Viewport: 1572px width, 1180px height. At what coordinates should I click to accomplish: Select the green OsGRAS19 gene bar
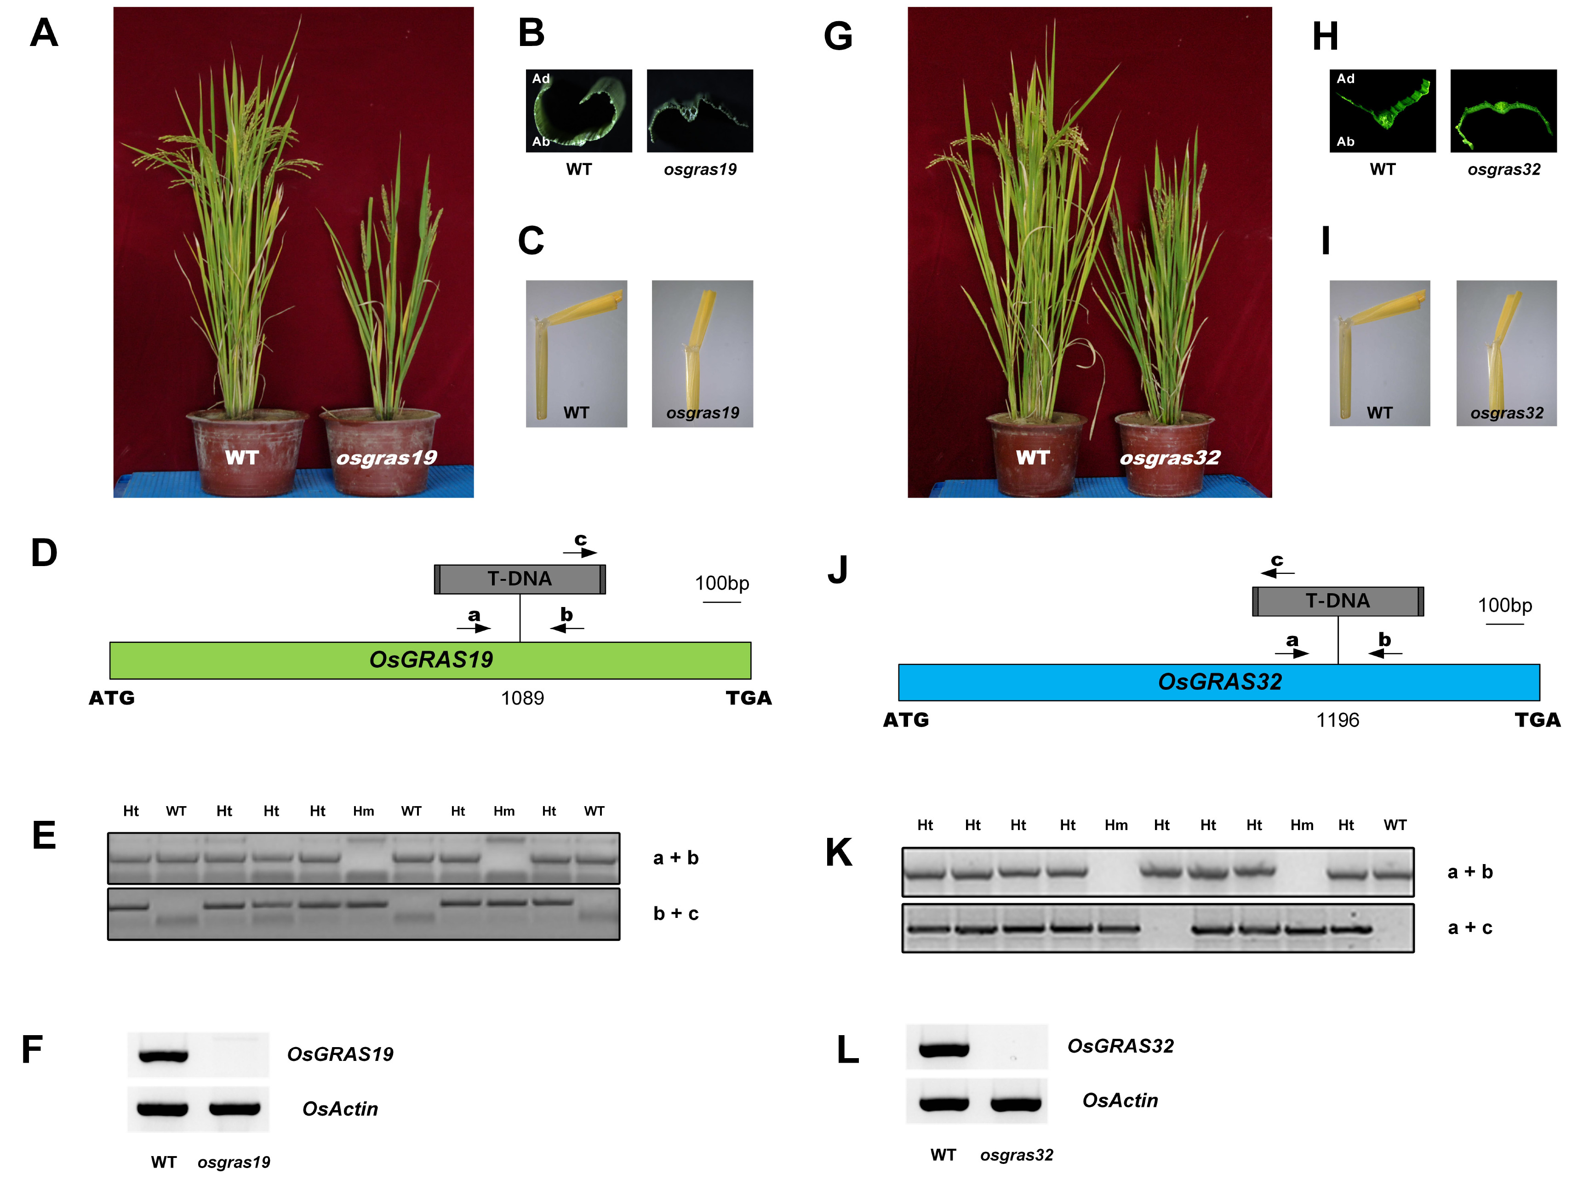tap(430, 660)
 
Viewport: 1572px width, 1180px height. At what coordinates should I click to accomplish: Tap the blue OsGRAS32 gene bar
tap(1219, 682)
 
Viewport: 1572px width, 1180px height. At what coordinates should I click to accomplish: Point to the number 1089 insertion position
tap(522, 698)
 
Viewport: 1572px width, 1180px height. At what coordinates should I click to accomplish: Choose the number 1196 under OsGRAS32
tap(1338, 720)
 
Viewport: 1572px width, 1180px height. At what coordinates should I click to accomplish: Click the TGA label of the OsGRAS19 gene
tap(749, 698)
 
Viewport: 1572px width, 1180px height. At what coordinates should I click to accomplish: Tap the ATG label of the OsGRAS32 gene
tap(905, 720)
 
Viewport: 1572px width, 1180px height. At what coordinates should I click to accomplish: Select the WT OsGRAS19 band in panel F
tap(164, 1055)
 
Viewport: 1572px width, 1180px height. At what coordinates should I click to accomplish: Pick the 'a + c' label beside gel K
tap(1469, 928)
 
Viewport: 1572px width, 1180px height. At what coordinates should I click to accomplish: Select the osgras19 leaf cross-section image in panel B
tap(700, 111)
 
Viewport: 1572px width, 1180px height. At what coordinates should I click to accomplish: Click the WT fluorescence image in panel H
tap(1382, 111)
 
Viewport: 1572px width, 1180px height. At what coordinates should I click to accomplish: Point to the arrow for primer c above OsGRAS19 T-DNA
tap(580, 552)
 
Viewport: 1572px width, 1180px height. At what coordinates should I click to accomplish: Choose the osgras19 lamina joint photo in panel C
tap(702, 353)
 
